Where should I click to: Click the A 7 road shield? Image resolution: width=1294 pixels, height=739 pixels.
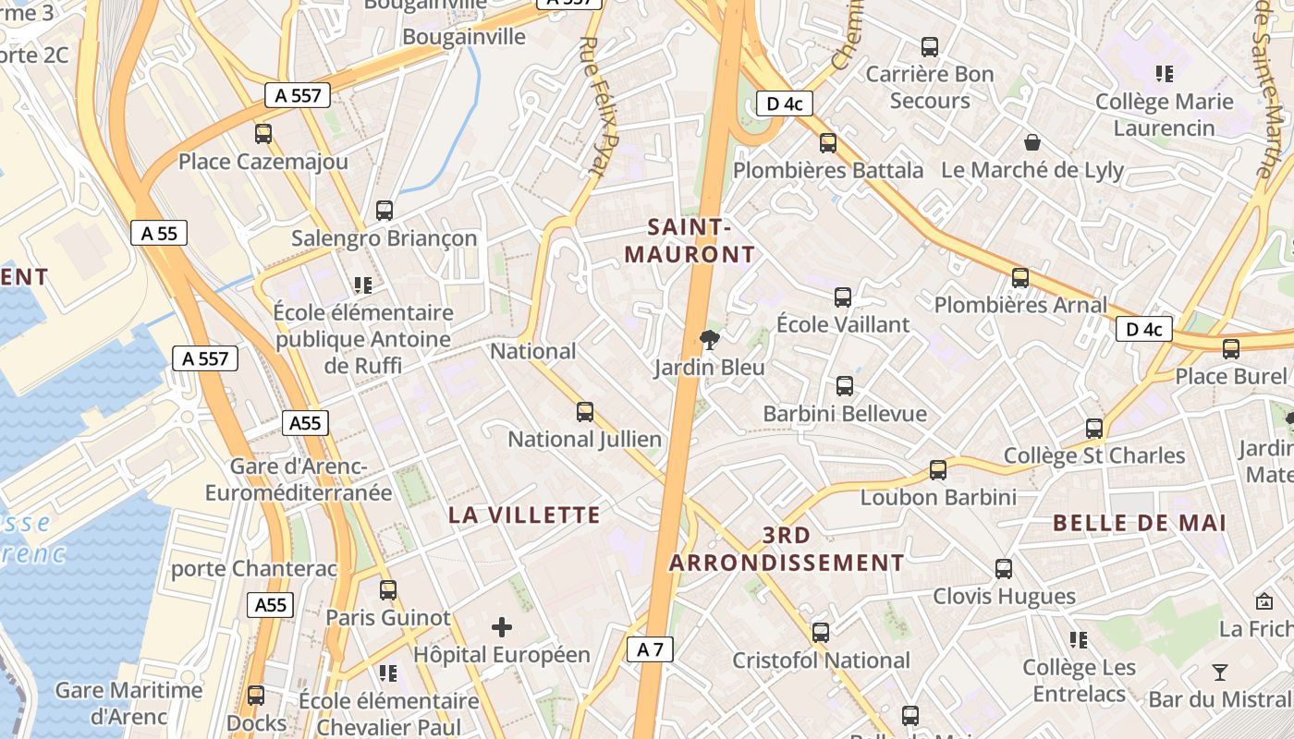(x=650, y=649)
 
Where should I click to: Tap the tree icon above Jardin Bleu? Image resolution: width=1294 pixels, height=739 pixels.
(x=710, y=340)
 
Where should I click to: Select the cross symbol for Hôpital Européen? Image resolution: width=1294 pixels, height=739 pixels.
(x=501, y=627)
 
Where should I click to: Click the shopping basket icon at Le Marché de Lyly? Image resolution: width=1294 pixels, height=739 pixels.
(x=1032, y=142)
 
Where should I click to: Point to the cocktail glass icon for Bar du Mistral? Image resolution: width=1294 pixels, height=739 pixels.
(x=1220, y=672)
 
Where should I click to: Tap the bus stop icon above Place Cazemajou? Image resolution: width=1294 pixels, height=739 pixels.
(x=263, y=134)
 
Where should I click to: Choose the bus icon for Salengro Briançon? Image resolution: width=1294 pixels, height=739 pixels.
(x=385, y=211)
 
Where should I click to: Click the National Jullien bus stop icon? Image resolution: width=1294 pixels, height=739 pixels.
(x=585, y=412)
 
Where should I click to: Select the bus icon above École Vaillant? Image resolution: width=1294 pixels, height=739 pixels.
(x=843, y=297)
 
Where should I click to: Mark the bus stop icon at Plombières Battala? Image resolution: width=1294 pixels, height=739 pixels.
(x=828, y=143)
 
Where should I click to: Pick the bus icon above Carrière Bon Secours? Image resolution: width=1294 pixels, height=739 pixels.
(x=930, y=46)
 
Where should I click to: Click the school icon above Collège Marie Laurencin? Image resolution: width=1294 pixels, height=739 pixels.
(x=1165, y=73)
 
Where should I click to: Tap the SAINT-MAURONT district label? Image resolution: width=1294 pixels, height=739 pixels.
(x=690, y=240)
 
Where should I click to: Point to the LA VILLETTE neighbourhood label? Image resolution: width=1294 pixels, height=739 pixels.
(x=524, y=515)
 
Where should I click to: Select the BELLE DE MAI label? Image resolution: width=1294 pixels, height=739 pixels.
(x=1140, y=523)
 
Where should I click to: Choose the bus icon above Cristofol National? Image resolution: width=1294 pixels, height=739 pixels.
(x=821, y=633)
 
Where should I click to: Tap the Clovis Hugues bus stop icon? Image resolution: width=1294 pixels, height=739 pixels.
(x=1004, y=569)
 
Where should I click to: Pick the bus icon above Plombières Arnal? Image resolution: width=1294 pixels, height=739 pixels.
(x=1020, y=278)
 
